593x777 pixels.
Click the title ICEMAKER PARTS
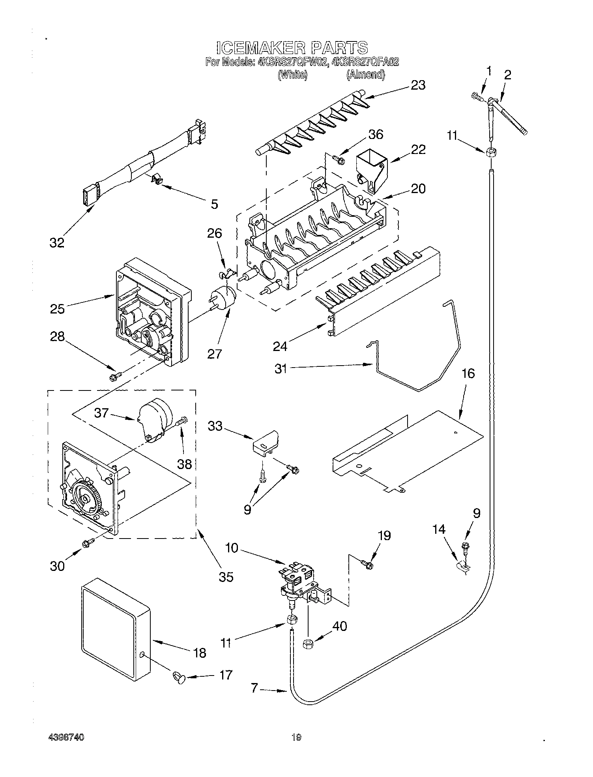[x=292, y=48]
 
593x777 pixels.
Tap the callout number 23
[x=418, y=85]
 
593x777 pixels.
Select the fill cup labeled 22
[x=371, y=167]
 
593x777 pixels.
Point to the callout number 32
[x=57, y=243]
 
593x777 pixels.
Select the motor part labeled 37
[x=155, y=420]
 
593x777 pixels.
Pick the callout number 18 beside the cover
[x=200, y=653]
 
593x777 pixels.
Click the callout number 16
[x=468, y=373]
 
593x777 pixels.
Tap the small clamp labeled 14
[x=464, y=567]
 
